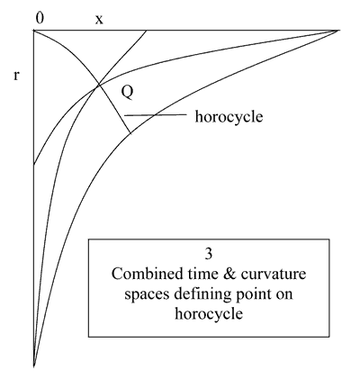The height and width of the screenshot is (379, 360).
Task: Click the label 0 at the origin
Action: coord(40,18)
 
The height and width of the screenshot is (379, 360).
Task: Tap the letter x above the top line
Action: coord(99,20)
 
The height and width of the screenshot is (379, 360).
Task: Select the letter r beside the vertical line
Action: coord(16,76)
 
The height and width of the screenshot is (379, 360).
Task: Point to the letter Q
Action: coord(127,93)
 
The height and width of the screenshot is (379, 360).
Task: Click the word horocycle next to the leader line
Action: coord(229,116)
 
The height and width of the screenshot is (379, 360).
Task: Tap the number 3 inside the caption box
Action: coord(209,254)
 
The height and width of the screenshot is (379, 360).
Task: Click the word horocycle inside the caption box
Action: coord(209,314)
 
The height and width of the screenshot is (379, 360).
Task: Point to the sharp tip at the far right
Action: coord(338,31)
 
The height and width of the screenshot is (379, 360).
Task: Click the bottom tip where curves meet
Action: coord(34,365)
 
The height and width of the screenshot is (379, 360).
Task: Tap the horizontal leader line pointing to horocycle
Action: coord(156,114)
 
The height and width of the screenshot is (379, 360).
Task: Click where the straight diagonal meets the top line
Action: coord(147,31)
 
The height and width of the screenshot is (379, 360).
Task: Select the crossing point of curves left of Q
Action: coord(98,86)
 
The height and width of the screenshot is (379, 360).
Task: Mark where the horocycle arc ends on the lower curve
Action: coord(130,133)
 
